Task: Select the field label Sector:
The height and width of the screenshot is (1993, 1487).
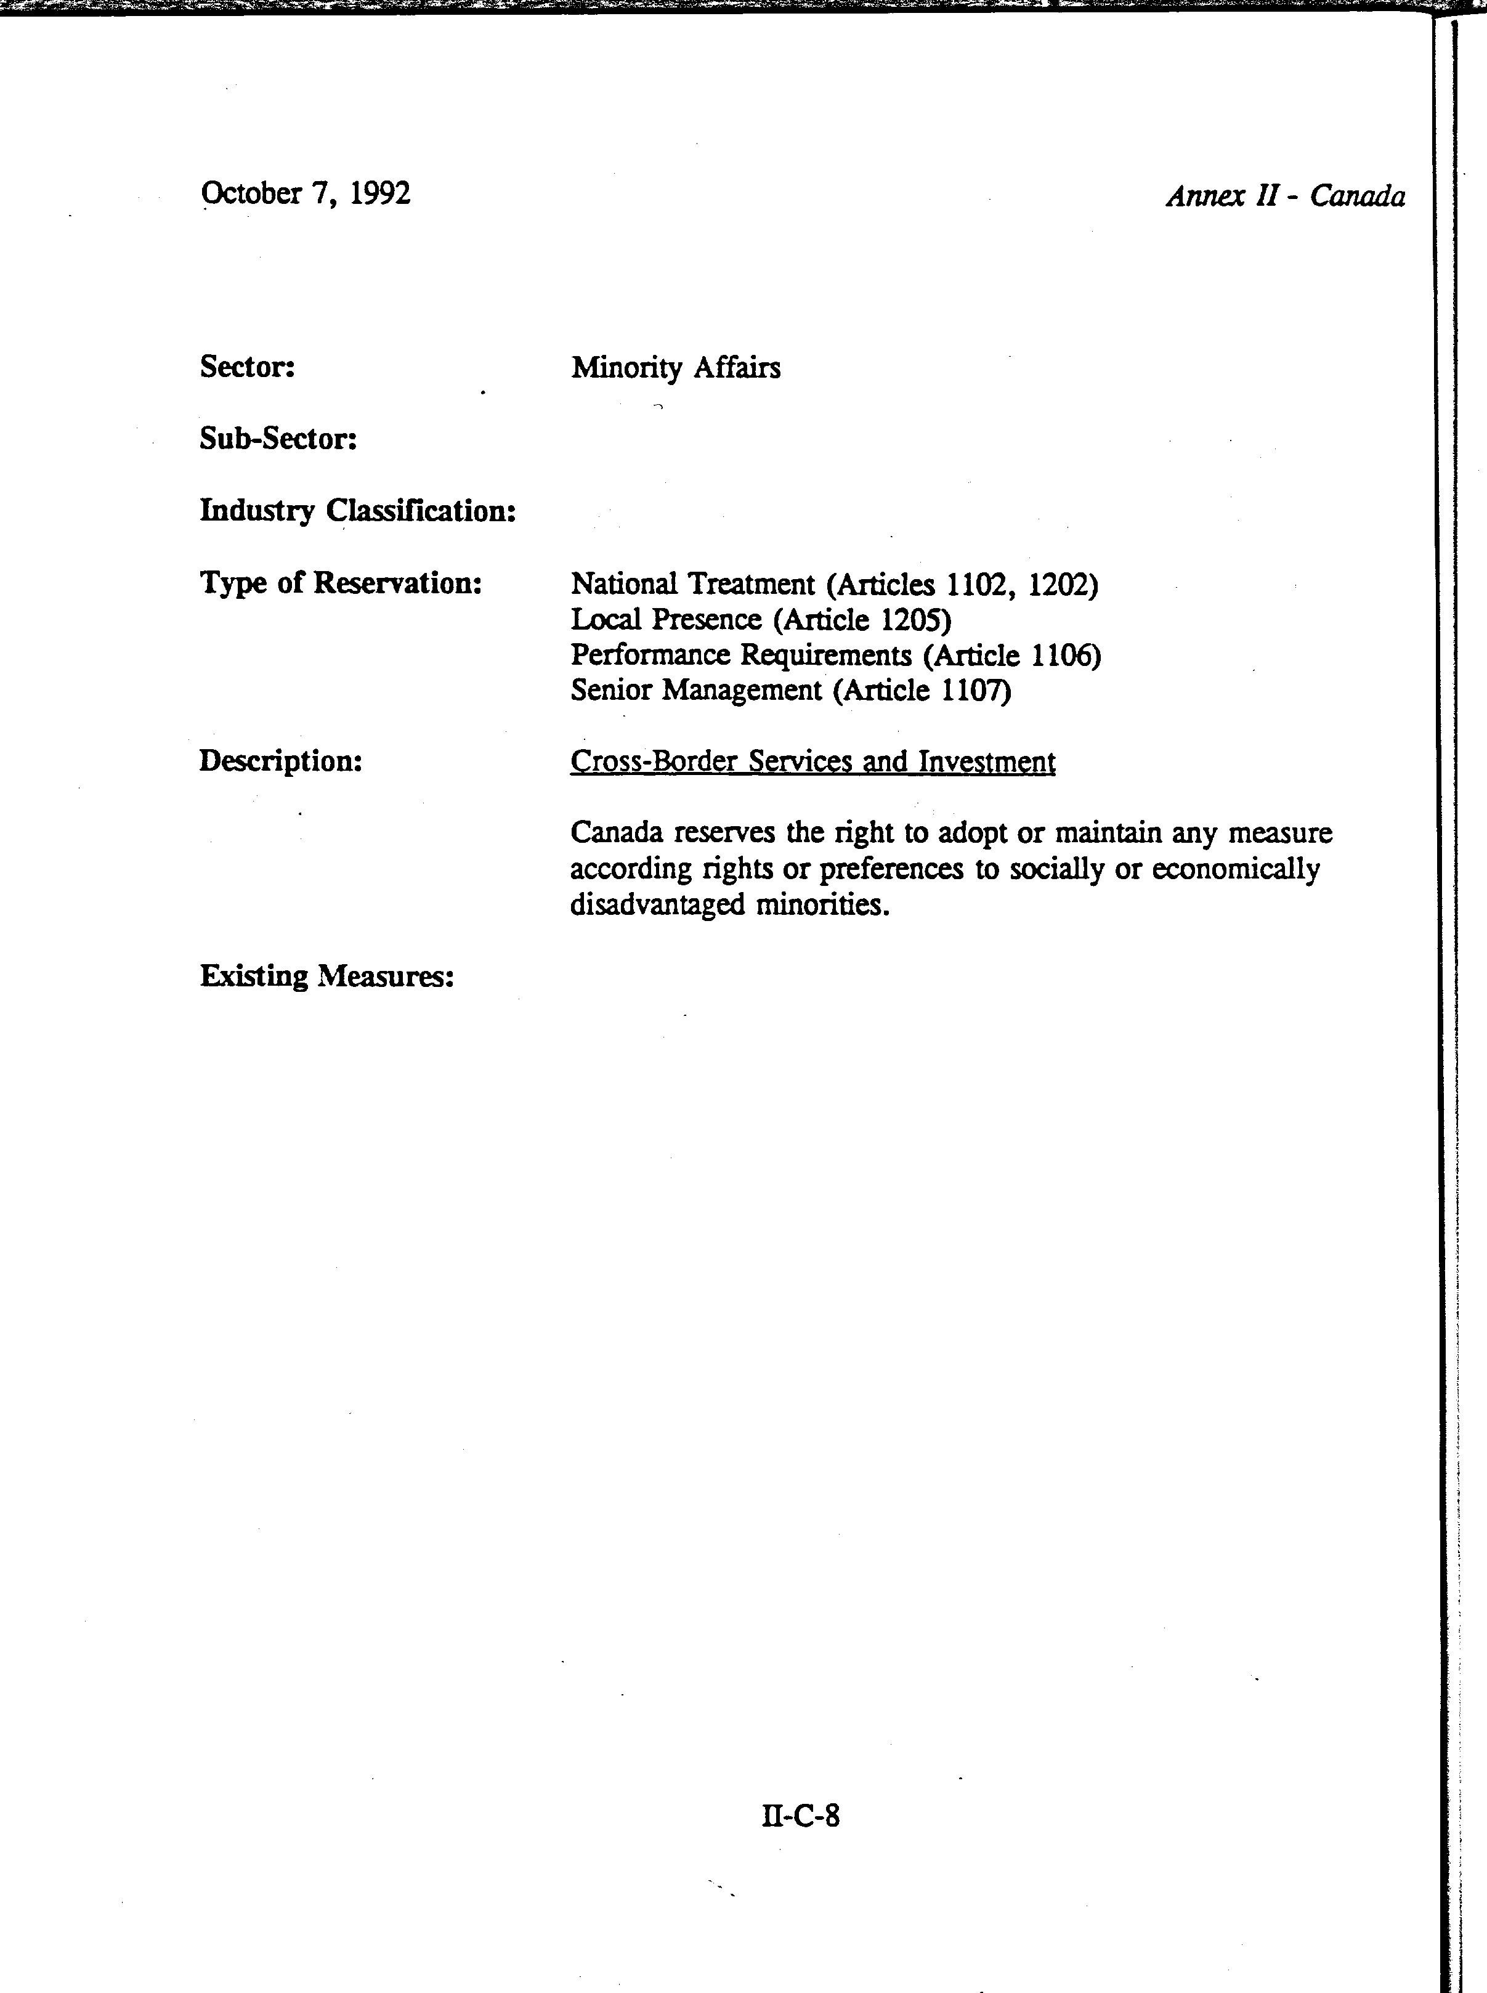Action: tap(248, 367)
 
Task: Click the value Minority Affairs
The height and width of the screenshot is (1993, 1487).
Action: tap(675, 367)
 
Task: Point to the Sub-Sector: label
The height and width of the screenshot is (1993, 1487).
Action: tap(278, 439)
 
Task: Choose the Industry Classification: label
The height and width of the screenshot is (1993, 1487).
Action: tap(357, 511)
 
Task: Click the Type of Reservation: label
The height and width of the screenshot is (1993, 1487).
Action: tap(340, 583)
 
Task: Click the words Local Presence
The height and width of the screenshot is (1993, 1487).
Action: tap(666, 620)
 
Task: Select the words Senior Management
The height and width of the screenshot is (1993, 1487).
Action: tap(696, 691)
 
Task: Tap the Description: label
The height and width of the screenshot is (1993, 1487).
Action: tap(280, 761)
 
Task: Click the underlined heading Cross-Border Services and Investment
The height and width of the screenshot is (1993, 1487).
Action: tap(812, 761)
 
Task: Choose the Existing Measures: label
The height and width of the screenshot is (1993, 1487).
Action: tap(326, 976)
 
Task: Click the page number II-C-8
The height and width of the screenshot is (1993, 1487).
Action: tap(800, 1816)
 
